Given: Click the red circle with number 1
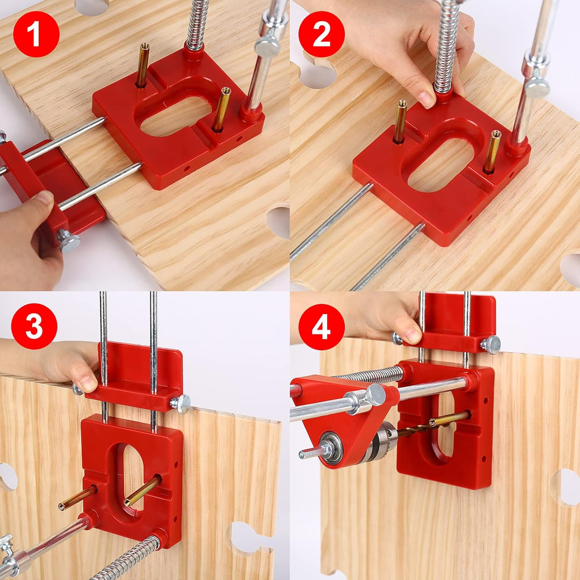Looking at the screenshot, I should click(36, 34).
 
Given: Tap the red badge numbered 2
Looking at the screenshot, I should click(321, 34).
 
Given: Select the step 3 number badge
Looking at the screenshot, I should click(34, 326).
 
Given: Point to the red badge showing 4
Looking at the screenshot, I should click(321, 326).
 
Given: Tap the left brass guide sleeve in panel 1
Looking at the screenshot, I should click(143, 65).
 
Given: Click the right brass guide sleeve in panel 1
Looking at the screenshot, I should click(221, 109).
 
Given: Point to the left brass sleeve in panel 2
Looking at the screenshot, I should click(400, 121).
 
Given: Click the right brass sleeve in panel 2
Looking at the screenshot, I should click(491, 151).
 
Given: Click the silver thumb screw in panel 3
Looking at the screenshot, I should click(180, 404).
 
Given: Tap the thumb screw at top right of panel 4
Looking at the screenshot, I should click(490, 344).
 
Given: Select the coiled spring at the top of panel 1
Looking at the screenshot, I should click(198, 24).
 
